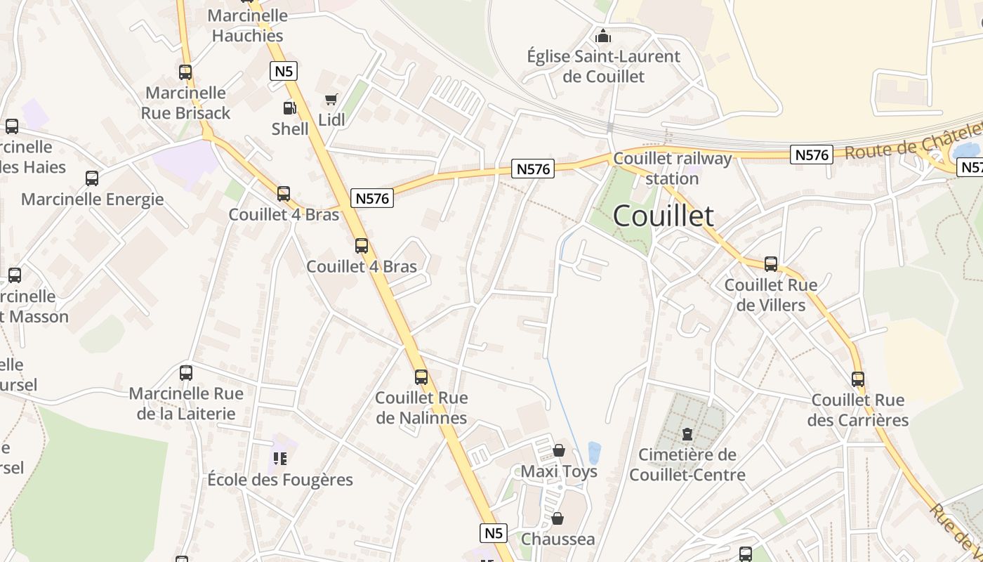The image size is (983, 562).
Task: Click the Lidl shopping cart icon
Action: [x=331, y=99]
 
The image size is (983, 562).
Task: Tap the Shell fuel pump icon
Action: [x=289, y=108]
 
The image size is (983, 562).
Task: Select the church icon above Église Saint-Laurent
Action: [x=602, y=36]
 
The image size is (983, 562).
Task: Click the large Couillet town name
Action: [x=664, y=216]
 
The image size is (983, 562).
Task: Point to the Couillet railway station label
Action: [x=672, y=169]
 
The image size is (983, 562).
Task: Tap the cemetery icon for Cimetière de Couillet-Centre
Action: [x=687, y=434]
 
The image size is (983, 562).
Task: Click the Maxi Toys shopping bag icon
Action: [x=559, y=450]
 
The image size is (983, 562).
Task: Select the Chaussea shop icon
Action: [x=558, y=519]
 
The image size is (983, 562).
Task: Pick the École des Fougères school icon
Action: [x=280, y=459]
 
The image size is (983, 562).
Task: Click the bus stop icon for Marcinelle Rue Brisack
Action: [x=185, y=72]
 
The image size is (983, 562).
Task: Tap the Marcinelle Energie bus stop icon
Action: [x=92, y=178]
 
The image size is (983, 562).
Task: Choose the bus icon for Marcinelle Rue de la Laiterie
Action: [x=186, y=373]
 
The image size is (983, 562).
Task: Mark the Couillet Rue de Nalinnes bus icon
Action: [x=421, y=377]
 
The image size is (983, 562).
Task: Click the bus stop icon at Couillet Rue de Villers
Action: [x=771, y=264]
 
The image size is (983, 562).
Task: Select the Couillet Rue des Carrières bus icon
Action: [x=858, y=379]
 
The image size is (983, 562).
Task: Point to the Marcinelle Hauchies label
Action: [x=248, y=26]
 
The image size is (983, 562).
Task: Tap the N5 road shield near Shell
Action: [x=284, y=71]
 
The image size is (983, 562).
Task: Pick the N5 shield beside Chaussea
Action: [x=494, y=533]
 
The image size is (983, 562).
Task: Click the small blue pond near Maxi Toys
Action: [x=595, y=452]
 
